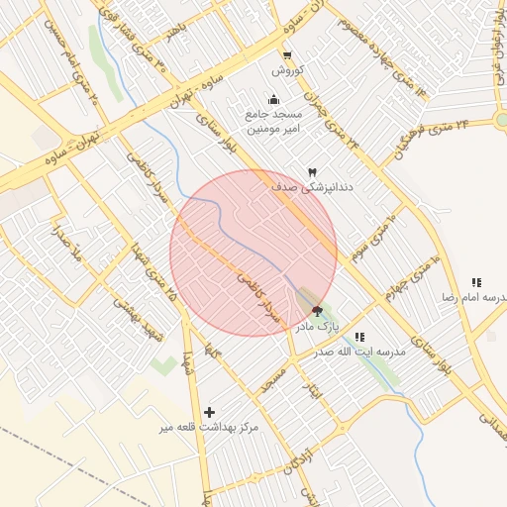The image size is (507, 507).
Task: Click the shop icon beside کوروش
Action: [287, 55]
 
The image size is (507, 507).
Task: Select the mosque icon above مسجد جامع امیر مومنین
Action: [273, 99]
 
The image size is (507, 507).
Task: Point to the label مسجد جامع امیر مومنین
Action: [274, 123]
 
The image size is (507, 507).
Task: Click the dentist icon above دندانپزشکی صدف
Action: [313, 172]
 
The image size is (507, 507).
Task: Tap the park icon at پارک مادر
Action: [317, 311]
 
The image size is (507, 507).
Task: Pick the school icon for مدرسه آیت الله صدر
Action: [358, 337]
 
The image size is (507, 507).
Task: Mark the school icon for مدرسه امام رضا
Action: [477, 282]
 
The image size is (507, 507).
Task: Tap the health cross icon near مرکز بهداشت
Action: [209, 412]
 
